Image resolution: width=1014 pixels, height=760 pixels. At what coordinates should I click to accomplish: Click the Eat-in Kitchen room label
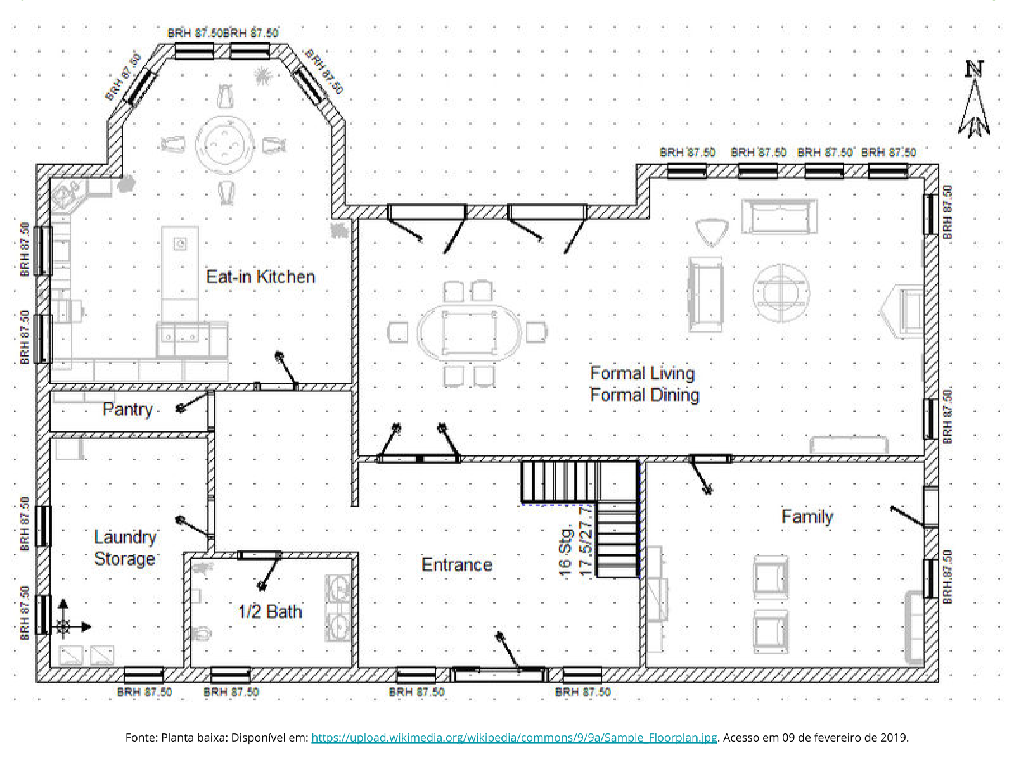tap(260, 277)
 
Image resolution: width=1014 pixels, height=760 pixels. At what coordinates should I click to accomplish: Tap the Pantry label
tap(127, 409)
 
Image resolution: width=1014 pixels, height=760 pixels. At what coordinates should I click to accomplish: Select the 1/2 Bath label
tap(270, 612)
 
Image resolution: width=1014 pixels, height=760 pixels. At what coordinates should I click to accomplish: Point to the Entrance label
tap(456, 565)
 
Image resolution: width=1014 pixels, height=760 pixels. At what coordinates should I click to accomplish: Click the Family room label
tap(807, 517)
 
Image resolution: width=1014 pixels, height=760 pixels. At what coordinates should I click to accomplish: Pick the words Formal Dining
tap(645, 395)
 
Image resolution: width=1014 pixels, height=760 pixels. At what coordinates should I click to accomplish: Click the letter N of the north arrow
tap(974, 69)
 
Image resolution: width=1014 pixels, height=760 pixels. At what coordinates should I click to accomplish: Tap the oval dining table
tap(469, 332)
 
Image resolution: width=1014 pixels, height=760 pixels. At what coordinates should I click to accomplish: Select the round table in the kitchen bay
tap(224, 144)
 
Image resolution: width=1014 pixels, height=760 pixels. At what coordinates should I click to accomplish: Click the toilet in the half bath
tap(202, 633)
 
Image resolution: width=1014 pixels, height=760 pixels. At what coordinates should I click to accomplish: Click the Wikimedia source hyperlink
tap(514, 737)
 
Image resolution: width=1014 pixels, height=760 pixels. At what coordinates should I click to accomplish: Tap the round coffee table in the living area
tap(781, 293)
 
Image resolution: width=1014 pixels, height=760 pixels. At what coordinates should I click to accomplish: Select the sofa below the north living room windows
tap(779, 216)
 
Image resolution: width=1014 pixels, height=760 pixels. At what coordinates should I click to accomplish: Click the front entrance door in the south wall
tap(499, 675)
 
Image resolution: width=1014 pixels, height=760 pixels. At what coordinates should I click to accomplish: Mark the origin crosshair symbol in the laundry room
tap(63, 626)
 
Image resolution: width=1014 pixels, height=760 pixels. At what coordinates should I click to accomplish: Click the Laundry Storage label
tap(125, 548)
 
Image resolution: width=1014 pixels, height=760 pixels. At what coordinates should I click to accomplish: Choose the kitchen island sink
tap(180, 243)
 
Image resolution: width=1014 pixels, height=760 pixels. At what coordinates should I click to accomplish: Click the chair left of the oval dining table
tap(397, 332)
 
